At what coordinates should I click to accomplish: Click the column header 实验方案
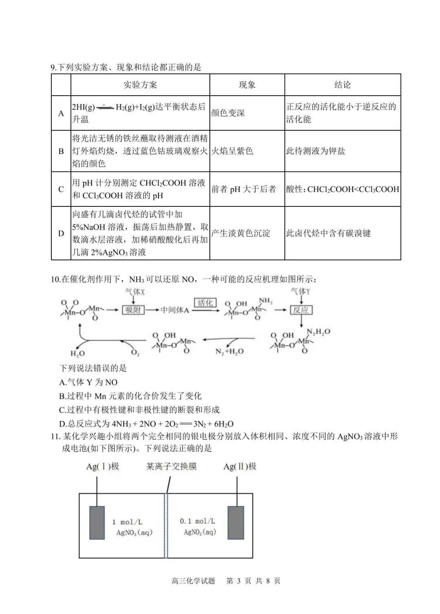click(140, 85)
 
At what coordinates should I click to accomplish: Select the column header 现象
click(247, 85)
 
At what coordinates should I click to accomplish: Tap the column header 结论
click(342, 85)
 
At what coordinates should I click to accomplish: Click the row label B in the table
click(61, 151)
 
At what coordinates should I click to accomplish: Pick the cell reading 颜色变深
click(228, 113)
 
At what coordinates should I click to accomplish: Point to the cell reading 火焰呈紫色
click(232, 151)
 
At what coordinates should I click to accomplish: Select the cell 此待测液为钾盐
click(315, 151)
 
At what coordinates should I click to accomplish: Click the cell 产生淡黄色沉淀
click(240, 233)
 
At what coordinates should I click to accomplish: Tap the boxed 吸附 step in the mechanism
click(133, 310)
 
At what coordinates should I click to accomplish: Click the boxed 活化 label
click(205, 303)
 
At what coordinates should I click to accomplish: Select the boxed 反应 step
click(301, 310)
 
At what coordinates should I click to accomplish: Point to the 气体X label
click(135, 292)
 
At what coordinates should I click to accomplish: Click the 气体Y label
click(300, 291)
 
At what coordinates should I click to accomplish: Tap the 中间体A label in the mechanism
click(175, 310)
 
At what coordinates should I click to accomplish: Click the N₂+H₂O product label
click(229, 351)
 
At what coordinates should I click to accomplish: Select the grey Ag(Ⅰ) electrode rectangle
click(97, 523)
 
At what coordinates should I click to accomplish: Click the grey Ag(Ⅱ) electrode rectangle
click(236, 523)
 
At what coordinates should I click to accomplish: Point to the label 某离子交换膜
click(171, 467)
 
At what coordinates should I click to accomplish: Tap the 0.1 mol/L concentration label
click(198, 521)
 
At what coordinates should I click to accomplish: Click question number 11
click(55, 436)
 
